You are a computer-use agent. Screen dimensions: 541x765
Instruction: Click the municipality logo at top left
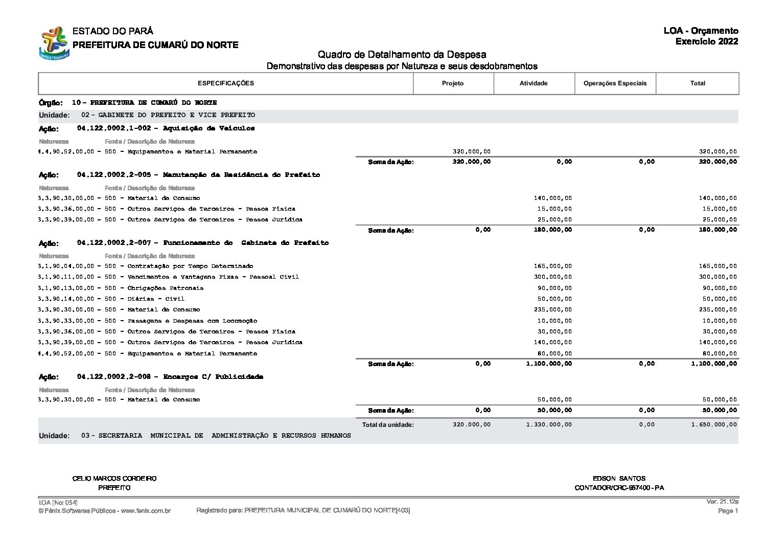pos(54,43)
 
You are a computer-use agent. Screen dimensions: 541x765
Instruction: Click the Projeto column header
pos(453,83)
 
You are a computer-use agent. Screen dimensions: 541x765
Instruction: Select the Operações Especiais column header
pos(615,83)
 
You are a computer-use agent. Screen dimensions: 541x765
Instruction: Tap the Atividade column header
pos(534,83)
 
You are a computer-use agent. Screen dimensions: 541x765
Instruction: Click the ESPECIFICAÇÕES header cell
pos(225,83)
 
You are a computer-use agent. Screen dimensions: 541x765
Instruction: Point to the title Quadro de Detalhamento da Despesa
pos(402,55)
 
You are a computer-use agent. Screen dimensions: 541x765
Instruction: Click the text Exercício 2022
pos(706,42)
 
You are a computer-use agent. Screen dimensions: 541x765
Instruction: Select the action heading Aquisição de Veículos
pos(208,128)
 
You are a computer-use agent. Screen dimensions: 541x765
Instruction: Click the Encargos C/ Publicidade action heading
pos(213,377)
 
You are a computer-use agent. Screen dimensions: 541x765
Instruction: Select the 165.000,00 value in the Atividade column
pos(554,266)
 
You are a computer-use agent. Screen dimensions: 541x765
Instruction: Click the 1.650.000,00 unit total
pos(714,424)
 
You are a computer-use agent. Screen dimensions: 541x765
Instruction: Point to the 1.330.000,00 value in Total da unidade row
pos(549,424)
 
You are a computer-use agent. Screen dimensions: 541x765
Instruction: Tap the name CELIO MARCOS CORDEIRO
pos(114,479)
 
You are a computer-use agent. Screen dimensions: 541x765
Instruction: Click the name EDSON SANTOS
pos(619,479)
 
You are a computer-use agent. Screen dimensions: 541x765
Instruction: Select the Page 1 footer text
pos(728,511)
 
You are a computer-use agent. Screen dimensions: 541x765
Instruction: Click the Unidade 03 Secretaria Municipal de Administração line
pos(216,436)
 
